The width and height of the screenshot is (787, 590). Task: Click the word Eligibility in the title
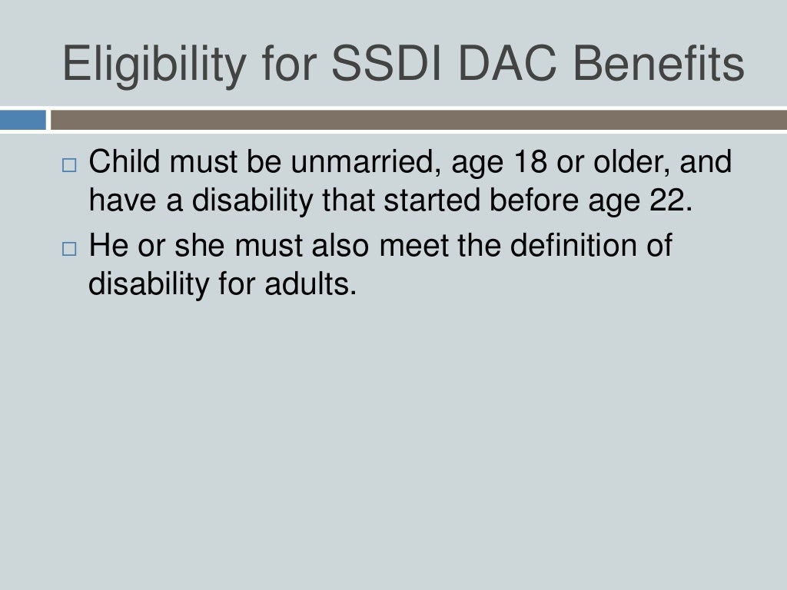[145, 65]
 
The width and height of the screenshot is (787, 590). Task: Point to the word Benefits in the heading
[665, 65]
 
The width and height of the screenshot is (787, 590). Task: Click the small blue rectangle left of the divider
[23, 121]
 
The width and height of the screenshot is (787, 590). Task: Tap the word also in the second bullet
[344, 247]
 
